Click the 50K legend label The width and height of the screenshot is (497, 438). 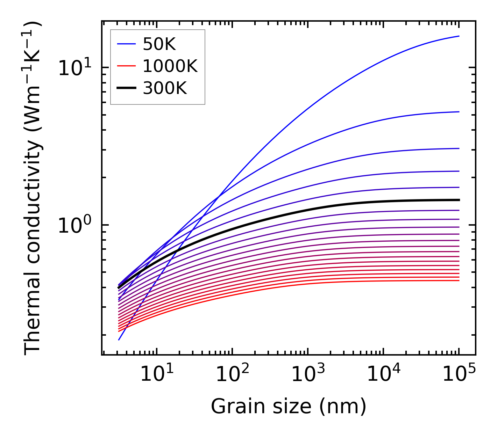(x=159, y=44)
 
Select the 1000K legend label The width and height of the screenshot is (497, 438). (x=170, y=66)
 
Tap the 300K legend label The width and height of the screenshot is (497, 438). (x=165, y=88)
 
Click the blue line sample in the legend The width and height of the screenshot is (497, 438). (x=126, y=44)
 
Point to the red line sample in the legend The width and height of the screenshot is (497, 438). (x=126, y=66)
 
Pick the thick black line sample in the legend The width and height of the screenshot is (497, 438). (x=126, y=88)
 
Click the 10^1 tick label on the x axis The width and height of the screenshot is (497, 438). (x=156, y=374)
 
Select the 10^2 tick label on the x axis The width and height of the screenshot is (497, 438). (x=232, y=374)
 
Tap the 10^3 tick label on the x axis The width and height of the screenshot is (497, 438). (x=308, y=374)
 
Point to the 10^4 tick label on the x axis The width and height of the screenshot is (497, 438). (x=383, y=374)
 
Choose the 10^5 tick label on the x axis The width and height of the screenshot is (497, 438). (x=459, y=374)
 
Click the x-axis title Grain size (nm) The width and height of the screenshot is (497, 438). (x=289, y=407)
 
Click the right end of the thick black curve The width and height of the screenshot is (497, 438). (x=459, y=200)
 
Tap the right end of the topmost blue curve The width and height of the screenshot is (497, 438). (x=459, y=36)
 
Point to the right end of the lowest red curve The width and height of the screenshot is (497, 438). (x=459, y=280)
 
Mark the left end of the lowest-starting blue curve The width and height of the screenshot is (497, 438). (x=119, y=340)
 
